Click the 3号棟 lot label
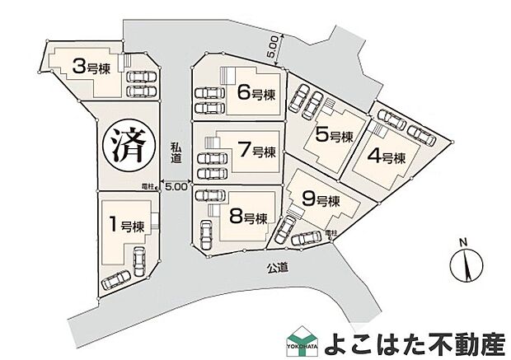tap(91, 66)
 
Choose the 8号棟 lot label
tap(248, 217)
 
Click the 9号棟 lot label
tap(321, 200)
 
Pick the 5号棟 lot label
tap(334, 136)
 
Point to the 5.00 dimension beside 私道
tap(176, 187)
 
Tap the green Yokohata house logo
tap(299, 341)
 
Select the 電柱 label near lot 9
tap(331, 234)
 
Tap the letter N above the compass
tap(464, 242)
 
